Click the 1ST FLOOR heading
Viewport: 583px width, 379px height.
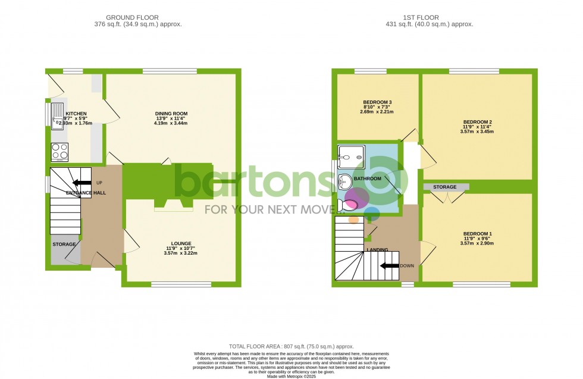[429, 17]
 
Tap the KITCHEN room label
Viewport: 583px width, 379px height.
[76, 114]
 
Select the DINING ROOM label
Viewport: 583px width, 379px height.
[171, 114]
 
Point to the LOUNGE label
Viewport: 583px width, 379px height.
[181, 243]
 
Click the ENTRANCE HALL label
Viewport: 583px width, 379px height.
[86, 193]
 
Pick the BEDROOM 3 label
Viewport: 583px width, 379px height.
[378, 102]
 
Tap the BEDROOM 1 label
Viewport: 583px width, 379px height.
[474, 234]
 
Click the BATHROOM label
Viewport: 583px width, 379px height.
[367, 178]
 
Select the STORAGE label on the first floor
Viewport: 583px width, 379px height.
[445, 187]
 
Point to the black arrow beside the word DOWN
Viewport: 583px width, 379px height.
[390, 266]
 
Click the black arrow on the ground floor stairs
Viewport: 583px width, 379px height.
[82, 182]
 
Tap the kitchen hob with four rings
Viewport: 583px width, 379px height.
[60, 151]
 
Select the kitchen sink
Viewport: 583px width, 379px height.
[58, 116]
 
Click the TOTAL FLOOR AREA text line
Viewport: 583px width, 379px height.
[291, 346]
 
